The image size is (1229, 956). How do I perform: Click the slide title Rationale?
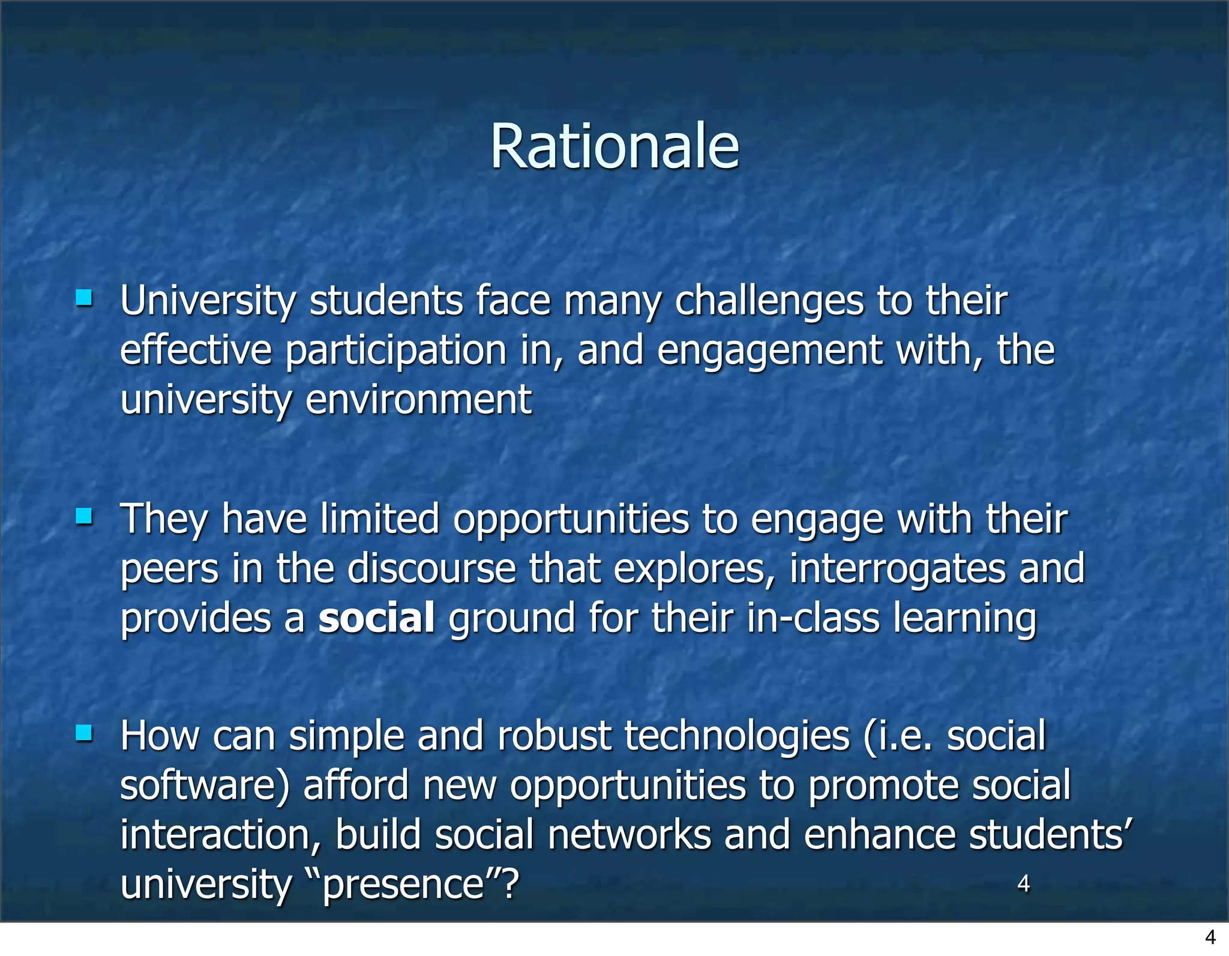614,147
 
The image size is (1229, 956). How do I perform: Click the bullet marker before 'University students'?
84,298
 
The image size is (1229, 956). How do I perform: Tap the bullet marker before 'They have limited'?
84,516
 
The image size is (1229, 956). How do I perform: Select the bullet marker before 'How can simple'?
84,733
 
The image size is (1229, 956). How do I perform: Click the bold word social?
376,618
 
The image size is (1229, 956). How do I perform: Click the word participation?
395,352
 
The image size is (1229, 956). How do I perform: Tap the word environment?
418,400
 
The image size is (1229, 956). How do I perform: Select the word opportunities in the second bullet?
571,519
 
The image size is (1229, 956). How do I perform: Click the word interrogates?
897,569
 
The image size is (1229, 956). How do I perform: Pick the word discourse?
431,569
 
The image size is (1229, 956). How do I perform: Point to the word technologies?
737,737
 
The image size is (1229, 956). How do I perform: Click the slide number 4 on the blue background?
1024,883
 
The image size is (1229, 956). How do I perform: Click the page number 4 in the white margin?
1210,937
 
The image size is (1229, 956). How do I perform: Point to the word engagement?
769,352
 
